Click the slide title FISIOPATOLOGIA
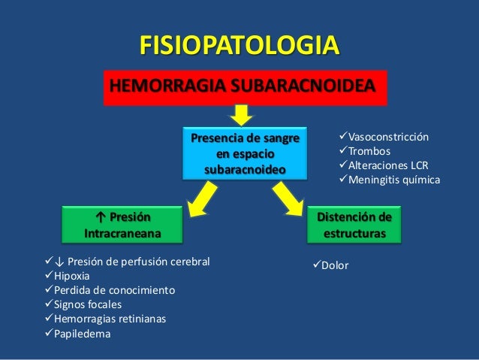click(239, 45)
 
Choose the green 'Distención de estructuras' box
click(355, 225)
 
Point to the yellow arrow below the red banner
click(241, 115)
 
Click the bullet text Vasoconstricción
click(388, 138)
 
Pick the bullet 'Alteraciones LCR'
click(387, 166)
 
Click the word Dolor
click(335, 265)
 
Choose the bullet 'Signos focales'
click(88, 304)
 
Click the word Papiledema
click(82, 333)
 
